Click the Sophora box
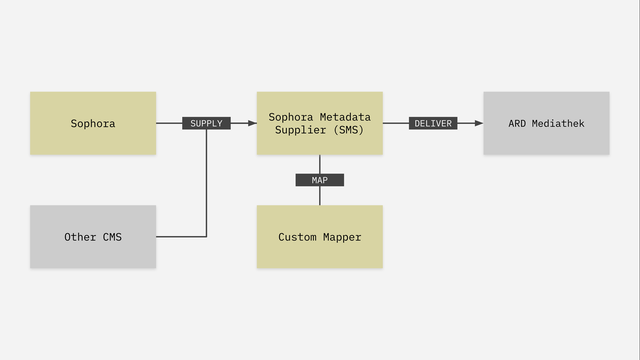(93, 123)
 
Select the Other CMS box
(93, 237)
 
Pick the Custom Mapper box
(319, 237)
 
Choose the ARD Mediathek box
(546, 123)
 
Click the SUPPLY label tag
(206, 124)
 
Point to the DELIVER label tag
(433, 124)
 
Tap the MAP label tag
(320, 180)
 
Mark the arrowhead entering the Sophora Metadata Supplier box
(251, 124)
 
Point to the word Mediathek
(559, 124)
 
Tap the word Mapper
(341, 237)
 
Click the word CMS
(112, 237)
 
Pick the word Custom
(297, 237)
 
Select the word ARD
(518, 124)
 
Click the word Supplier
(302, 130)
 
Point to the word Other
(81, 237)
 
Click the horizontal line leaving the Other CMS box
(180, 237)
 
